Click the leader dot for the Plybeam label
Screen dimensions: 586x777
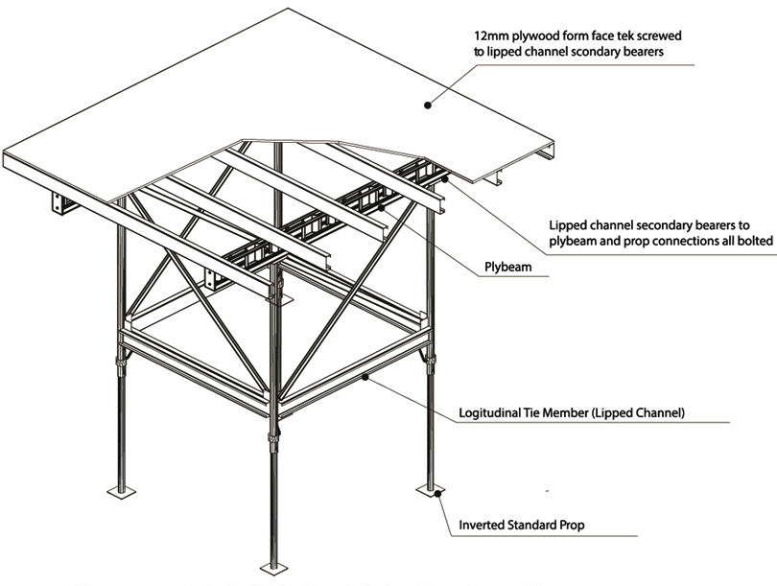[381, 206]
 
